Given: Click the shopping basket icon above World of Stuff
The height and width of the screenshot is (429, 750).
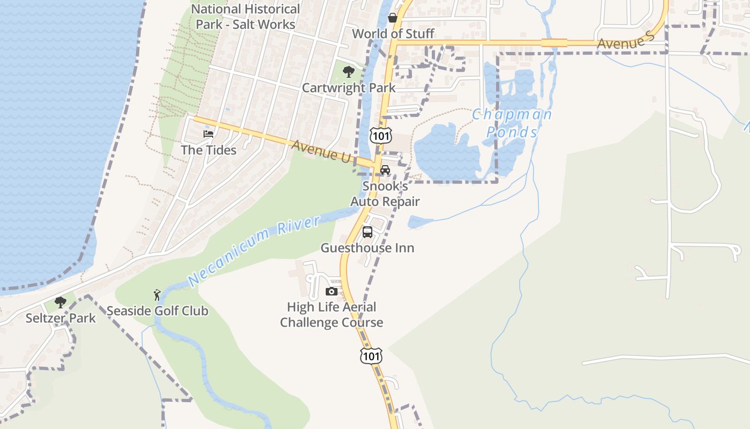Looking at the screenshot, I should click(x=393, y=18).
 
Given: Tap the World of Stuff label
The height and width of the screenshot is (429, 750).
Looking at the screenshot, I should click(x=393, y=34).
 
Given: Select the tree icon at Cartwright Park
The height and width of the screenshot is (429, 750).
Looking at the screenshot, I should click(x=349, y=71).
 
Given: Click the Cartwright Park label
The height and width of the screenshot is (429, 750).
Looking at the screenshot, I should click(x=349, y=88).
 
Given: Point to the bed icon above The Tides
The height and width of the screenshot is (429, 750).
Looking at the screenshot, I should click(x=208, y=134).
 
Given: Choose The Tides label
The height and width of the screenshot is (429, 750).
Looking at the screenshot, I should click(x=208, y=150).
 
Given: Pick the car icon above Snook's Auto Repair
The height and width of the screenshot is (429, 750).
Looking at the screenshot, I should click(x=385, y=170).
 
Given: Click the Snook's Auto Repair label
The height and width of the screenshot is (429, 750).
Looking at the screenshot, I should click(x=385, y=194).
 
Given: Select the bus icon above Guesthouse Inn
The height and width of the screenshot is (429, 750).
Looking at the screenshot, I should click(x=367, y=232).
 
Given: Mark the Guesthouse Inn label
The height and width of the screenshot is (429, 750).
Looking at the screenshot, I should click(x=367, y=248).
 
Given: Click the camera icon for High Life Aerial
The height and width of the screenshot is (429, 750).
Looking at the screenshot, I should click(x=332, y=291).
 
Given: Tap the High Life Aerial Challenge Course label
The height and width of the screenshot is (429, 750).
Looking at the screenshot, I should click(x=332, y=315).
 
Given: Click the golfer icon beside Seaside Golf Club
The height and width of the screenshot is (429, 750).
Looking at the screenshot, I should click(x=157, y=294).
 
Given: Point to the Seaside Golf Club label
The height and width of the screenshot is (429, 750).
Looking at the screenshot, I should click(x=157, y=311).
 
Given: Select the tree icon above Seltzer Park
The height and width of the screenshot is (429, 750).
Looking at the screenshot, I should click(x=61, y=302).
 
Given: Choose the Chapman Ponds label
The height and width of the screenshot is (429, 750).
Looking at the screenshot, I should click(x=512, y=123).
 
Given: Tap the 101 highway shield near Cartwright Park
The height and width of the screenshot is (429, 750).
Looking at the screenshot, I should click(x=381, y=136).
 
